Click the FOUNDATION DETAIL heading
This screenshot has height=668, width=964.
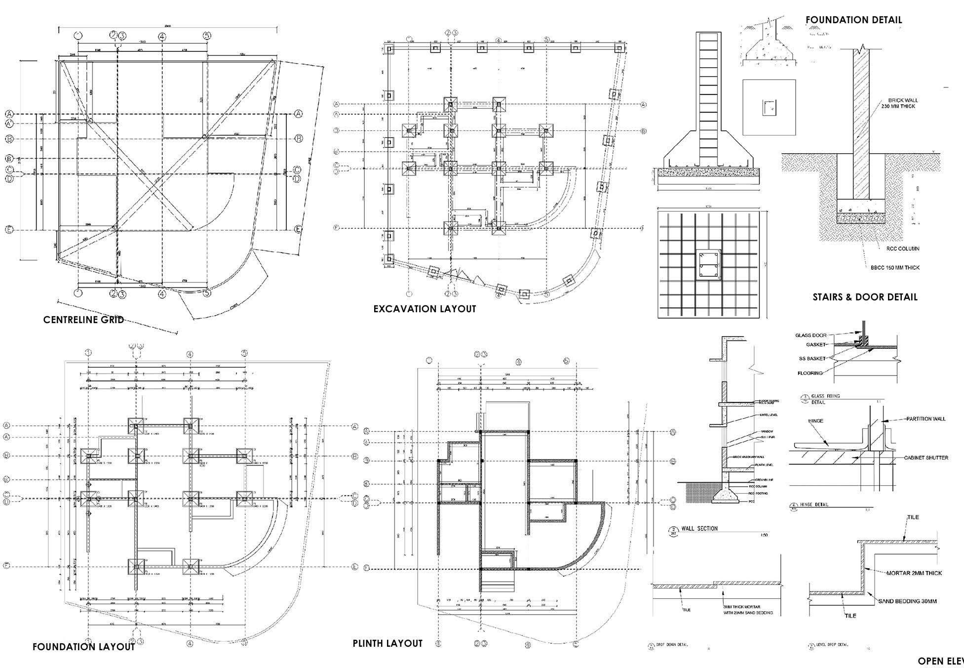pyautogui.click(x=853, y=20)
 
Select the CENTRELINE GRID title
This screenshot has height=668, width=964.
pyautogui.click(x=83, y=320)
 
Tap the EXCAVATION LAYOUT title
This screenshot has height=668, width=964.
pyautogui.click(x=424, y=309)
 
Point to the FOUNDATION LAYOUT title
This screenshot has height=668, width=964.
pyautogui.click(x=83, y=647)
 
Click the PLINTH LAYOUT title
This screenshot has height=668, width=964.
pyautogui.click(x=387, y=643)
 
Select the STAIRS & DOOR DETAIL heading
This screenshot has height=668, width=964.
pyautogui.click(x=865, y=297)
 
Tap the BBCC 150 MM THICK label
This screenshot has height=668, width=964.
pyautogui.click(x=895, y=268)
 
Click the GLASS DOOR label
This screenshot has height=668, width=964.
pyautogui.click(x=810, y=335)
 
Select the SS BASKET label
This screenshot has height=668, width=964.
pyautogui.click(x=812, y=358)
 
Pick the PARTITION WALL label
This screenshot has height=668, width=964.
pyautogui.click(x=925, y=419)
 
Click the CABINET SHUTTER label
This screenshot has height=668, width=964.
pyautogui.click(x=926, y=458)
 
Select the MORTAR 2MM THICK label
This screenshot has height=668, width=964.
pyautogui.click(x=914, y=573)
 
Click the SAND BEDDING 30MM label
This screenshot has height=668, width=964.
pyautogui.click(x=907, y=601)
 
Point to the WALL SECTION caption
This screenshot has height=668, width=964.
pyautogui.click(x=699, y=529)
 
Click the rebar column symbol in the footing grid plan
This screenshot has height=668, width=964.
pyautogui.click(x=708, y=266)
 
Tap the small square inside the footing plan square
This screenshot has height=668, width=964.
pyautogui.click(x=769, y=108)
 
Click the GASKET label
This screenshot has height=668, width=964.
pyautogui.click(x=816, y=344)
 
